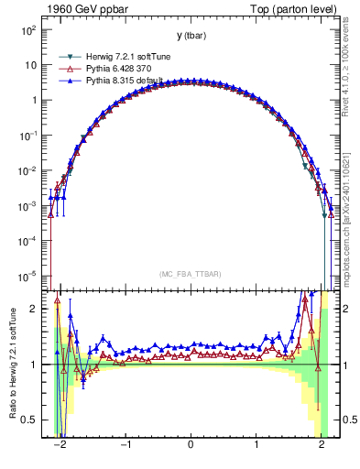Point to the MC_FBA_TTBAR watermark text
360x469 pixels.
click(191, 274)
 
